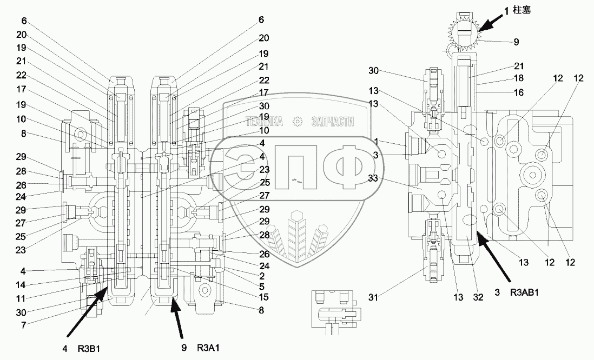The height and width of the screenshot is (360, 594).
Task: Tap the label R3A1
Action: [x=208, y=348]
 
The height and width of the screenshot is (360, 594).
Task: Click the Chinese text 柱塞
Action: [x=522, y=10]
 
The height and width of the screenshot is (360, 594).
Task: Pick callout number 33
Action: [x=373, y=177]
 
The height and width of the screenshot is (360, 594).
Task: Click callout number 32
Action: [x=478, y=297]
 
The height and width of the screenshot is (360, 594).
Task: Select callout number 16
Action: [x=519, y=92]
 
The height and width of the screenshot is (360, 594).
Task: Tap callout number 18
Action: [x=519, y=78]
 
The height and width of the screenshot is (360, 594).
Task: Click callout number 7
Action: [x=23, y=325]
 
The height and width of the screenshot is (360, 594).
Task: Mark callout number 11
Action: [x=21, y=298]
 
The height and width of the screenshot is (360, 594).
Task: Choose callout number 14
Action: [x=21, y=285]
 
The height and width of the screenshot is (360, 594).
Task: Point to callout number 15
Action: [x=263, y=297]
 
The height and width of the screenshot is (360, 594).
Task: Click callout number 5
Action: [x=261, y=286]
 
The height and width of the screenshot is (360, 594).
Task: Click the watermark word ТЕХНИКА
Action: [x=265, y=122]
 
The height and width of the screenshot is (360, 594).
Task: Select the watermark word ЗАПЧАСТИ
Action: [x=333, y=122]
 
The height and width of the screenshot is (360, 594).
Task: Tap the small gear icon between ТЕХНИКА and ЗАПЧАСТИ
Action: [x=298, y=122]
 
